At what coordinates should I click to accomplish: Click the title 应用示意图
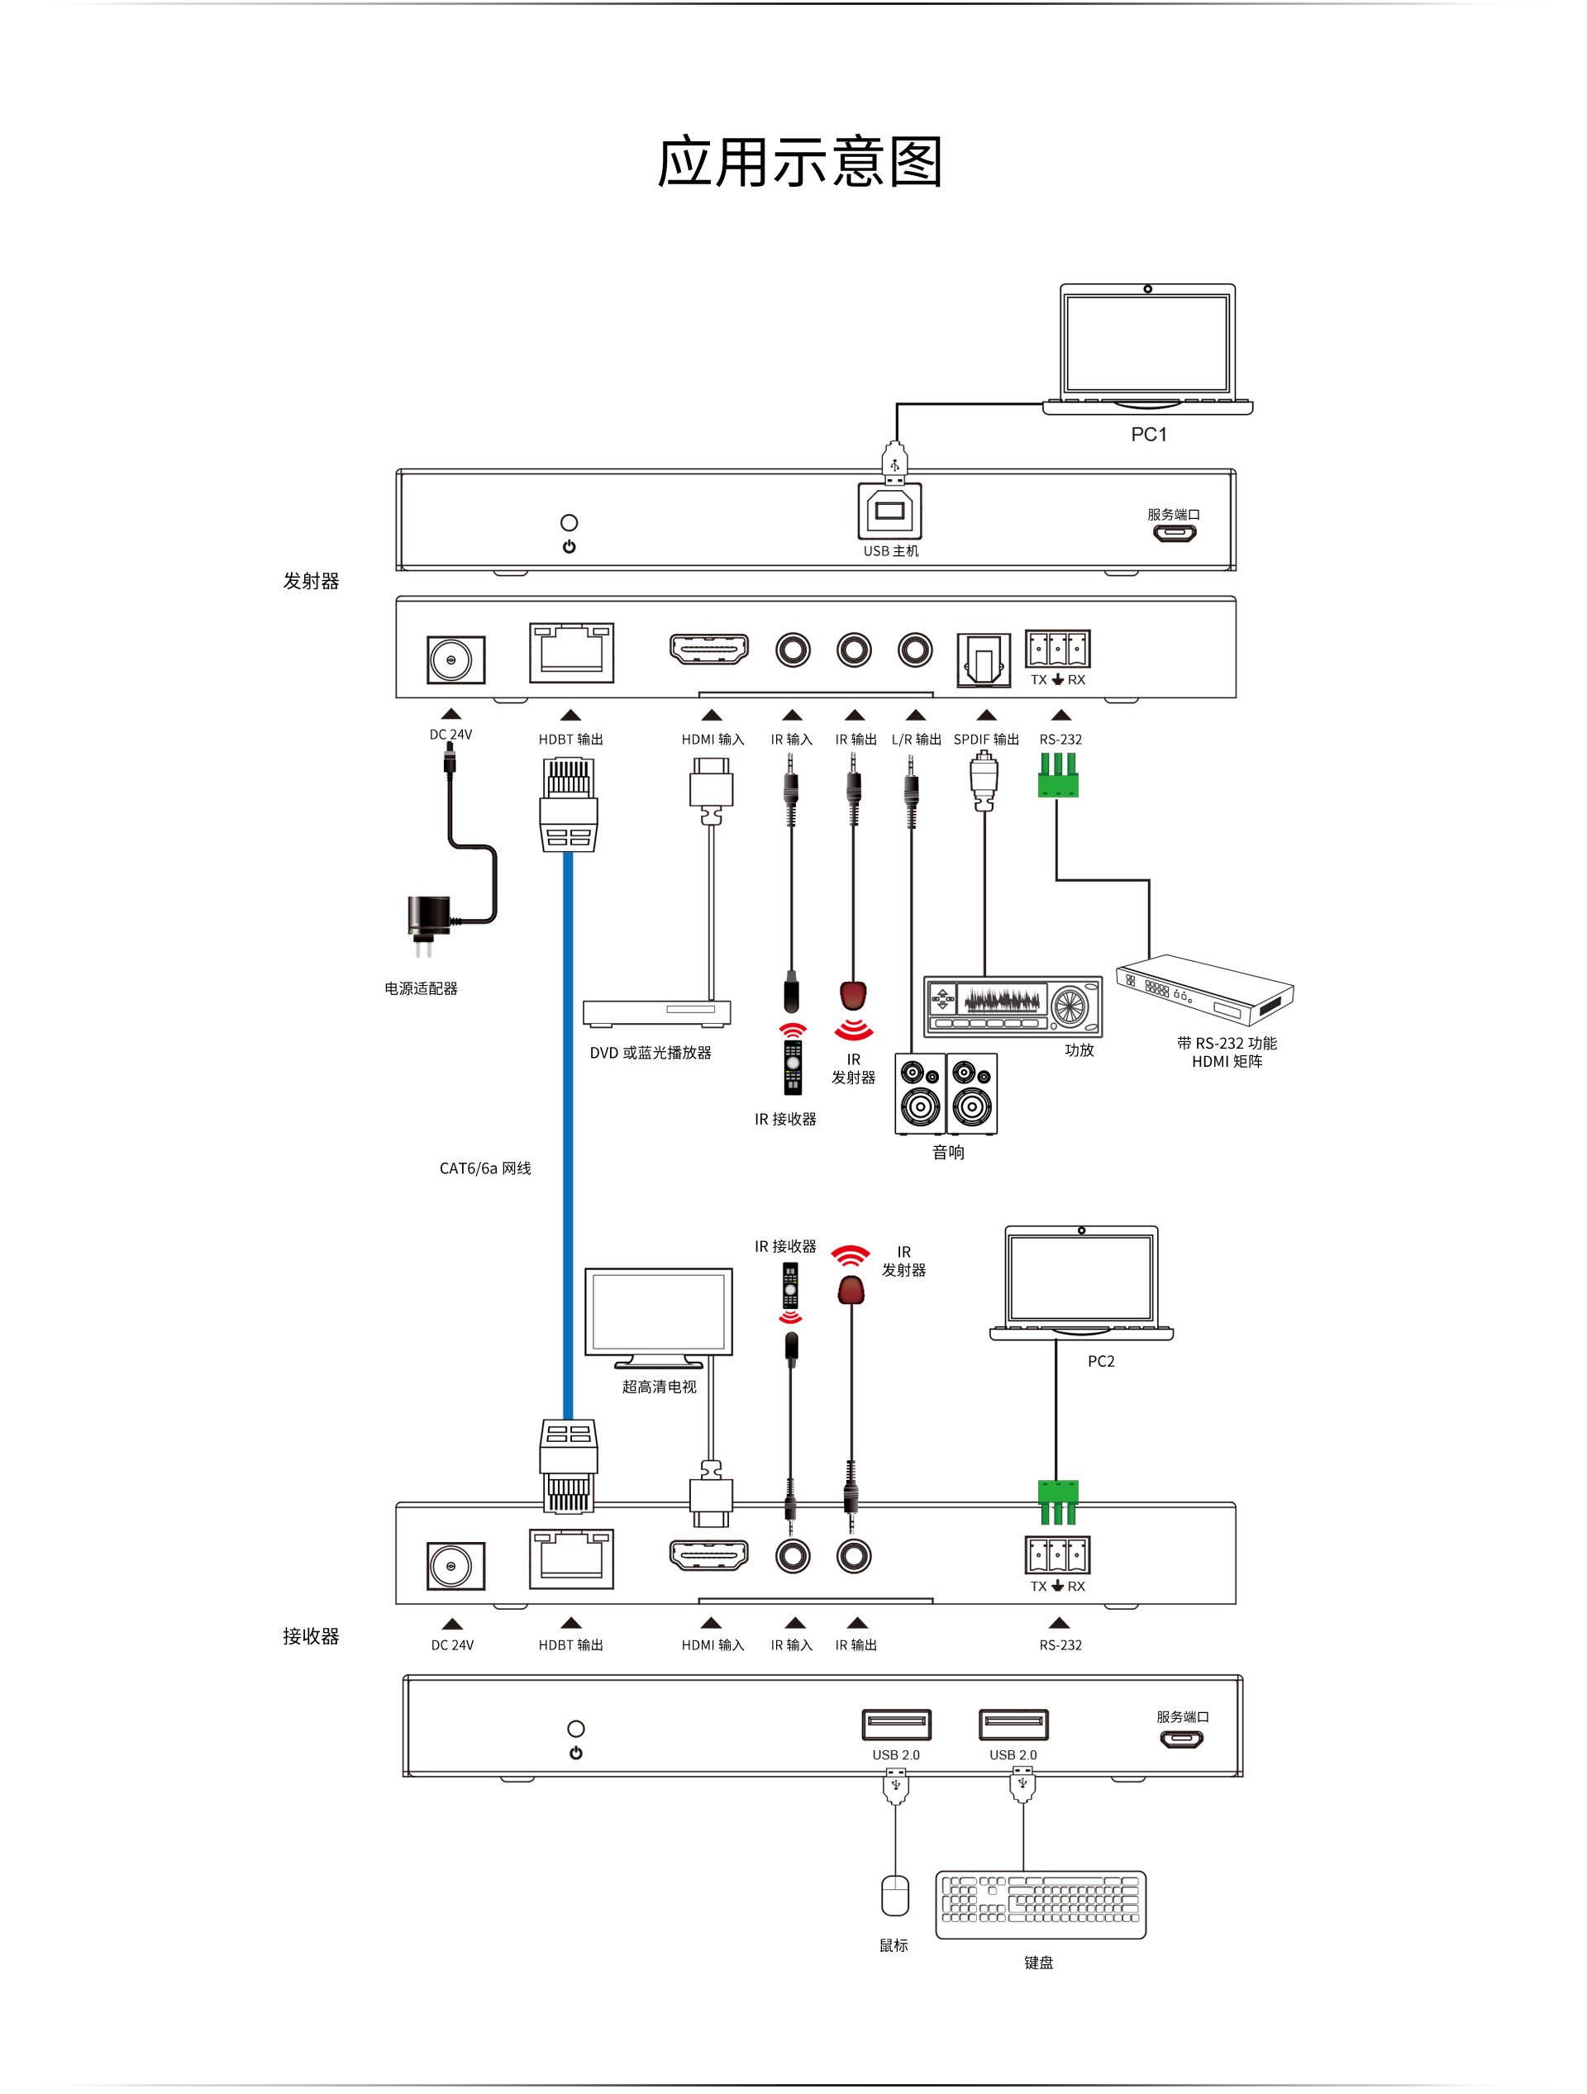(x=799, y=162)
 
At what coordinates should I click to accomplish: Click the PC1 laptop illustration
(x=1146, y=346)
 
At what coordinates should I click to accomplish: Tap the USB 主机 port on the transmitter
(x=889, y=512)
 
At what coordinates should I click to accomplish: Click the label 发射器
(x=311, y=581)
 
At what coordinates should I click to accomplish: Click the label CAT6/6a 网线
(x=485, y=1168)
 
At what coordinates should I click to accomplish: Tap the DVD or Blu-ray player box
(x=656, y=1013)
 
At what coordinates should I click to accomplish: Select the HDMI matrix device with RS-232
(x=1203, y=989)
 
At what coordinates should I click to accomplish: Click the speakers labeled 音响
(x=946, y=1093)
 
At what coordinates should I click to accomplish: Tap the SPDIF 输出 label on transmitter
(x=986, y=740)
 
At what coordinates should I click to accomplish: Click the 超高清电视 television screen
(x=658, y=1312)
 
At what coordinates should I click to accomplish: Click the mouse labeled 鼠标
(x=895, y=1895)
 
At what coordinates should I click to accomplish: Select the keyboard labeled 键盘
(x=1040, y=1904)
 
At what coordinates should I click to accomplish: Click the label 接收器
(x=311, y=1636)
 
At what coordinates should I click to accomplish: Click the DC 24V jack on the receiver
(x=455, y=1567)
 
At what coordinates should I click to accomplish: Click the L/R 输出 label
(x=916, y=740)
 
